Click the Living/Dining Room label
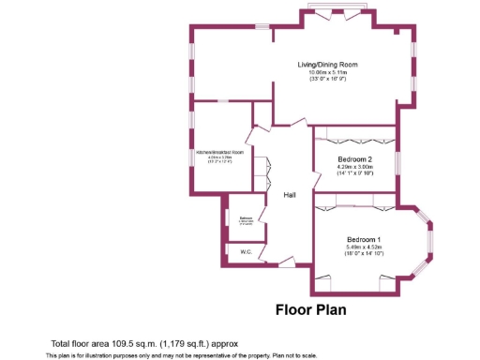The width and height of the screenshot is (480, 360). click(x=327, y=65)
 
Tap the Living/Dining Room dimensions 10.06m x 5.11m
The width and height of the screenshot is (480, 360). click(x=327, y=72)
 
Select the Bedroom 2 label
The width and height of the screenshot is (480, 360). click(x=355, y=159)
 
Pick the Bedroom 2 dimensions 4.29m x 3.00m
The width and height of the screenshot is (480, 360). click(x=355, y=167)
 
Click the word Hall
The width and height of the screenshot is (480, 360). click(x=290, y=195)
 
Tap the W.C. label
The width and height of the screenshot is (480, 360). click(x=246, y=252)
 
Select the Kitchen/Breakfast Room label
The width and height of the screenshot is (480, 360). click(x=220, y=152)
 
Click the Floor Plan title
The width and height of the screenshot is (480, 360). click(x=310, y=308)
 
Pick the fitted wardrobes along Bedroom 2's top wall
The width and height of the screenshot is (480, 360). click(x=353, y=132)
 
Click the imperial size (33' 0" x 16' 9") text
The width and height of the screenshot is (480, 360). click(x=327, y=80)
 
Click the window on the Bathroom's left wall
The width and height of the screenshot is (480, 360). click(x=227, y=217)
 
